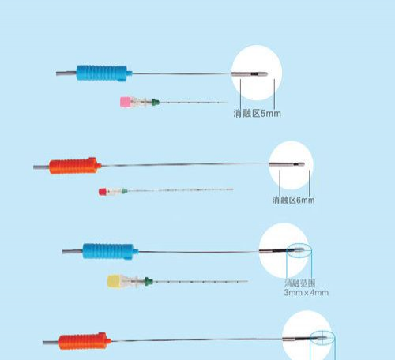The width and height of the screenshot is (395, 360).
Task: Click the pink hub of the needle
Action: [125, 102]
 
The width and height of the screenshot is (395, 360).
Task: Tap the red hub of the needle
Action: [103, 192]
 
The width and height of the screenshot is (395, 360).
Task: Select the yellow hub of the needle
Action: [114, 281]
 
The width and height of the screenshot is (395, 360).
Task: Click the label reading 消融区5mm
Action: [257, 114]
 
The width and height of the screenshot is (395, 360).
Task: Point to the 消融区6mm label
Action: [293, 200]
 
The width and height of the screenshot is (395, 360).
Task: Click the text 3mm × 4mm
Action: [307, 293]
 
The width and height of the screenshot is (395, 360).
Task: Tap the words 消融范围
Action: [299, 283]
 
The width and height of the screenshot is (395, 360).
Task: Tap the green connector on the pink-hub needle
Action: [156, 102]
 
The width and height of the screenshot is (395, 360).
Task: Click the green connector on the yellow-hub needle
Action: [149, 281]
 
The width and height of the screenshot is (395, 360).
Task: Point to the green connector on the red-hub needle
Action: [124, 191]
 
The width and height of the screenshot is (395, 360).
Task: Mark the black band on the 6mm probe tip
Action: [296, 164]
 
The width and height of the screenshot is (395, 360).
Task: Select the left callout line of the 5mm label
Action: [240, 95]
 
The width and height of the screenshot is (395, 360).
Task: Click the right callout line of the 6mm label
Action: [310, 183]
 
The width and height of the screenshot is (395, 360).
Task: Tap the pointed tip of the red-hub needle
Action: [232, 189]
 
